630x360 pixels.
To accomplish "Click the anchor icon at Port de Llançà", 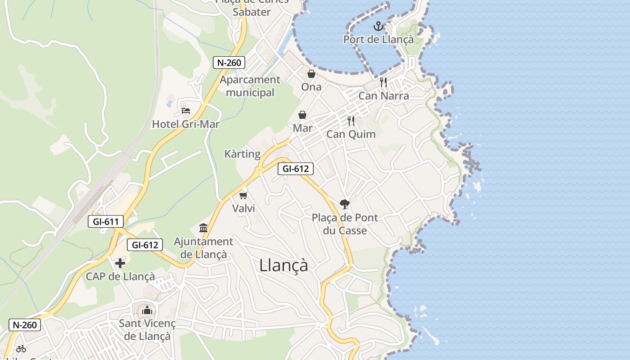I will (x=378, y=26).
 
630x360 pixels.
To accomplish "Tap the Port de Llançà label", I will (x=378, y=40).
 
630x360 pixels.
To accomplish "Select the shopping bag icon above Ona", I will (x=311, y=74).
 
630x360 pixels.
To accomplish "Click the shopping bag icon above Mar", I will (x=302, y=115).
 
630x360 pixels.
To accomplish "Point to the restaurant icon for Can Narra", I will (x=383, y=82).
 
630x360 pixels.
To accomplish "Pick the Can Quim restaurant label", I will (x=351, y=134).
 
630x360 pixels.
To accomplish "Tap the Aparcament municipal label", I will (x=250, y=86).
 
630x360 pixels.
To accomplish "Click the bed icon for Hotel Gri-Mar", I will (x=185, y=110).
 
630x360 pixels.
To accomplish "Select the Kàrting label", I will (x=243, y=154).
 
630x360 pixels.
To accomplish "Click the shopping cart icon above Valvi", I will (x=243, y=195).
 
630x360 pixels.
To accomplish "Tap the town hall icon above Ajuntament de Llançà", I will (x=203, y=228).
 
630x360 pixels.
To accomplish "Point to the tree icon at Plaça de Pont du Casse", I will (x=345, y=204).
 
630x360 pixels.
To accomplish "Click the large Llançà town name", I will (x=283, y=265).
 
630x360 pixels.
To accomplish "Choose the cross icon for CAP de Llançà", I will (x=120, y=263).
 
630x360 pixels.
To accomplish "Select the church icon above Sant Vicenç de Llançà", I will (x=147, y=310).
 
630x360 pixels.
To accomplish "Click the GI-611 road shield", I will (x=106, y=221).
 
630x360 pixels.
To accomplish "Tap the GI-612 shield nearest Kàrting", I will (x=295, y=169).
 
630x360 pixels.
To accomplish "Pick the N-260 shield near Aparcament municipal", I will (x=229, y=63).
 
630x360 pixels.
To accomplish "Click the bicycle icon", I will (x=21, y=348).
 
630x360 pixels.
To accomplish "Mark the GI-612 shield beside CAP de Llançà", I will (x=145, y=245).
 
